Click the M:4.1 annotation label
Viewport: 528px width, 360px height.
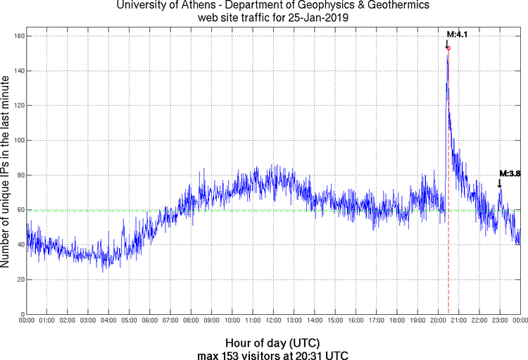pos(457,34)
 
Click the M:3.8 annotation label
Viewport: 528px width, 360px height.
pos(509,173)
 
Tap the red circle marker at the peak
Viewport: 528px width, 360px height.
pos(448,48)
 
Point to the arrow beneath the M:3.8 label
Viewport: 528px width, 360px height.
pos(500,183)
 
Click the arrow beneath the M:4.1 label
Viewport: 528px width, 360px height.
pos(447,43)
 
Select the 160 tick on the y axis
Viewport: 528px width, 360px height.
pos(20,37)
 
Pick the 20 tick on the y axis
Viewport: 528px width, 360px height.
pos(22,280)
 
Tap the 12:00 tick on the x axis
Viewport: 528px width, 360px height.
pos(273,321)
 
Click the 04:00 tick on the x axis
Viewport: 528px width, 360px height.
pos(108,321)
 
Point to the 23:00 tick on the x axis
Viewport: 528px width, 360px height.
pos(500,321)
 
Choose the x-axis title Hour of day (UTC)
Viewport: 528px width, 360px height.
pos(273,342)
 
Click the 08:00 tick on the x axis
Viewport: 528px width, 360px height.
pos(191,321)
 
